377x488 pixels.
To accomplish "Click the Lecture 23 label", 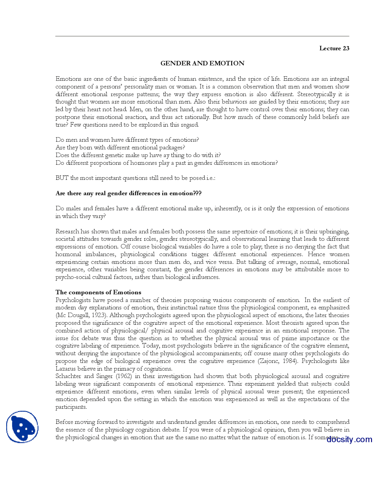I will tap(334, 48).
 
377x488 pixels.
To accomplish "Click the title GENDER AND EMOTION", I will tap(202, 63).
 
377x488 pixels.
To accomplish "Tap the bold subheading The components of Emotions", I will tap(98, 292).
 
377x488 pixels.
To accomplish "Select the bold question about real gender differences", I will tap(128, 193).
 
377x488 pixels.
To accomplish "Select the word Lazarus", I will tap(65, 369).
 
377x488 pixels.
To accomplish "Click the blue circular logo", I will tap(22, 427).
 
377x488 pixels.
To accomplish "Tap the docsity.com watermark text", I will tap(349, 439).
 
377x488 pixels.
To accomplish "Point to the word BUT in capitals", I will tap(62, 178).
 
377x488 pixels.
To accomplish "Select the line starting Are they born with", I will tap(120, 148).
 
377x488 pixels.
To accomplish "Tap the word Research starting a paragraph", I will tap(67, 231).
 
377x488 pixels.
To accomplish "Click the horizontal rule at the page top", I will tap(202, 36).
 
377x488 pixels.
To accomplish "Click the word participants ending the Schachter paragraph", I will tap(71, 407).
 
